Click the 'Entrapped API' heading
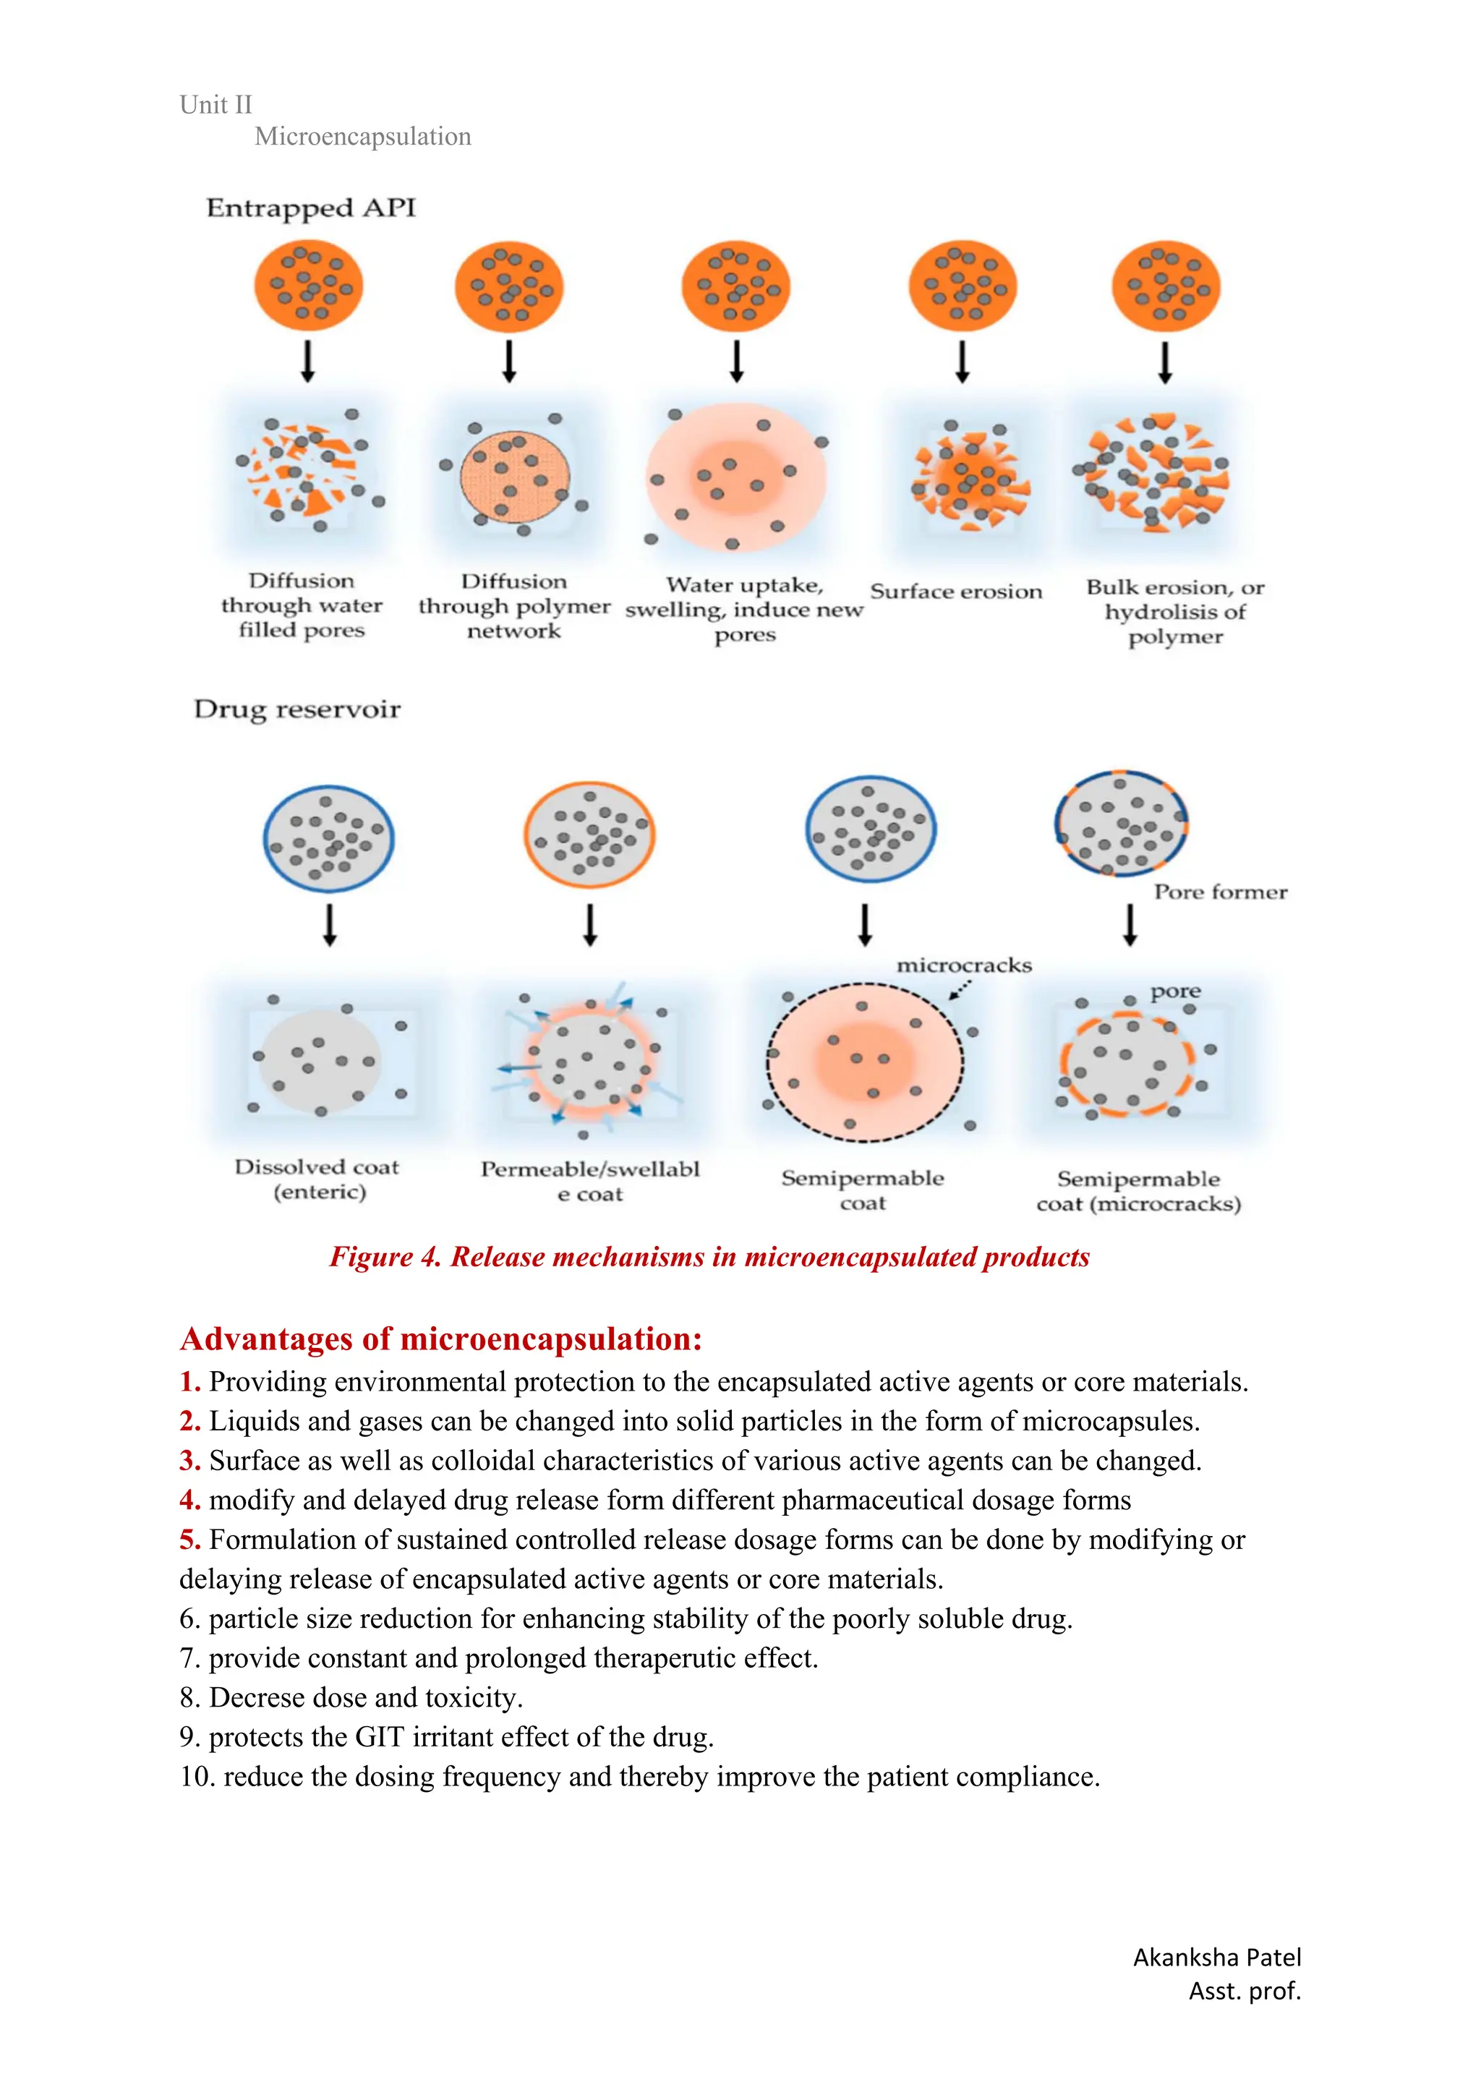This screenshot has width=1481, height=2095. [310, 208]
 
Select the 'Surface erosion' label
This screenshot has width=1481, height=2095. [955, 592]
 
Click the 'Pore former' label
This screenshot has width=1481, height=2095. [1220, 892]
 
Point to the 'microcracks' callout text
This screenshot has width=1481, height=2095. [964, 965]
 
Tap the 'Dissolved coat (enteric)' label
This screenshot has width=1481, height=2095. [317, 1179]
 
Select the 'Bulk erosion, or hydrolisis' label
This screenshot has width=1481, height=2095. [1174, 611]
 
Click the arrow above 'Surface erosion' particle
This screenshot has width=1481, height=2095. [962, 362]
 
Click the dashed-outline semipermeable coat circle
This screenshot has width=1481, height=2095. [864, 1062]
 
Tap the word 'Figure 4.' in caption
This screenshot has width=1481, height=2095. [385, 1258]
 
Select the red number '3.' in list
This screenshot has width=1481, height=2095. [189, 1461]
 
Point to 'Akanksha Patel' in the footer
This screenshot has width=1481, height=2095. [1216, 1957]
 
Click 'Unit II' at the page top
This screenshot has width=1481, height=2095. [215, 105]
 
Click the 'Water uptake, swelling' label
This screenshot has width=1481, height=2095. [743, 609]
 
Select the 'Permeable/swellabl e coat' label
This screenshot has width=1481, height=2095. [589, 1181]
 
